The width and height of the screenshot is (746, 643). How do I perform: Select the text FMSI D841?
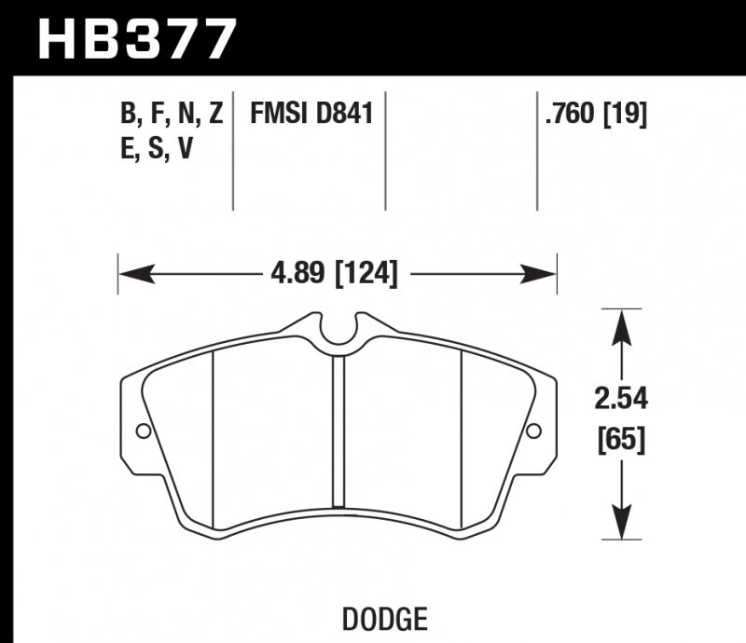coord(311,115)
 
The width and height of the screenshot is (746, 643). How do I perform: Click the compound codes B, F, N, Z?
coord(171,115)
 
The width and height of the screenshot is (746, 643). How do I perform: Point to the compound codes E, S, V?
coord(157,148)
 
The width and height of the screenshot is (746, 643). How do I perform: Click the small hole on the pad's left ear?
coord(143,431)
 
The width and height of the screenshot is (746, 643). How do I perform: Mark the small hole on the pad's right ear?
coord(533,431)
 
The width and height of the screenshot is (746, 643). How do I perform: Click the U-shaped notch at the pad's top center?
coord(339,333)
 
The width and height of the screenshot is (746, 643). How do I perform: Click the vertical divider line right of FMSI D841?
coord(385,149)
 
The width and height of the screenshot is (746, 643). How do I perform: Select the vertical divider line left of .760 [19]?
coord(537,149)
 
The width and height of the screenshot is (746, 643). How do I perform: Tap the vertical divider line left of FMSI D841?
coord(233,149)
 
